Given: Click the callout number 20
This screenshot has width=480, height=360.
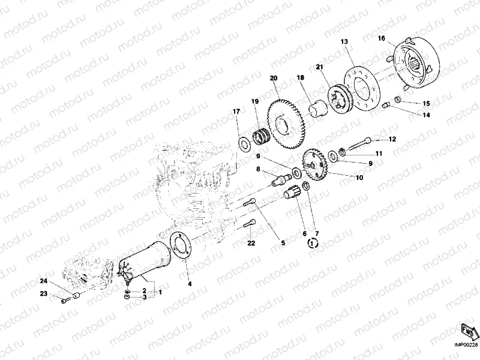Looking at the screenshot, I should click(x=274, y=78).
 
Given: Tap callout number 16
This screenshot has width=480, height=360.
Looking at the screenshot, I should click(x=381, y=38).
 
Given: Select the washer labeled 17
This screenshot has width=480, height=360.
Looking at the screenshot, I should click(x=244, y=142).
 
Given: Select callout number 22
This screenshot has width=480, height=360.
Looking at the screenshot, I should click(x=251, y=242).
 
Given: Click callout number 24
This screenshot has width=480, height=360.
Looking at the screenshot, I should click(x=43, y=281).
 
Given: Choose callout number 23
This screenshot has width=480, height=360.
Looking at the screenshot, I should click(x=43, y=293).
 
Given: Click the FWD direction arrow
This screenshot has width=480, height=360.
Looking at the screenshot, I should click(x=468, y=331).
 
